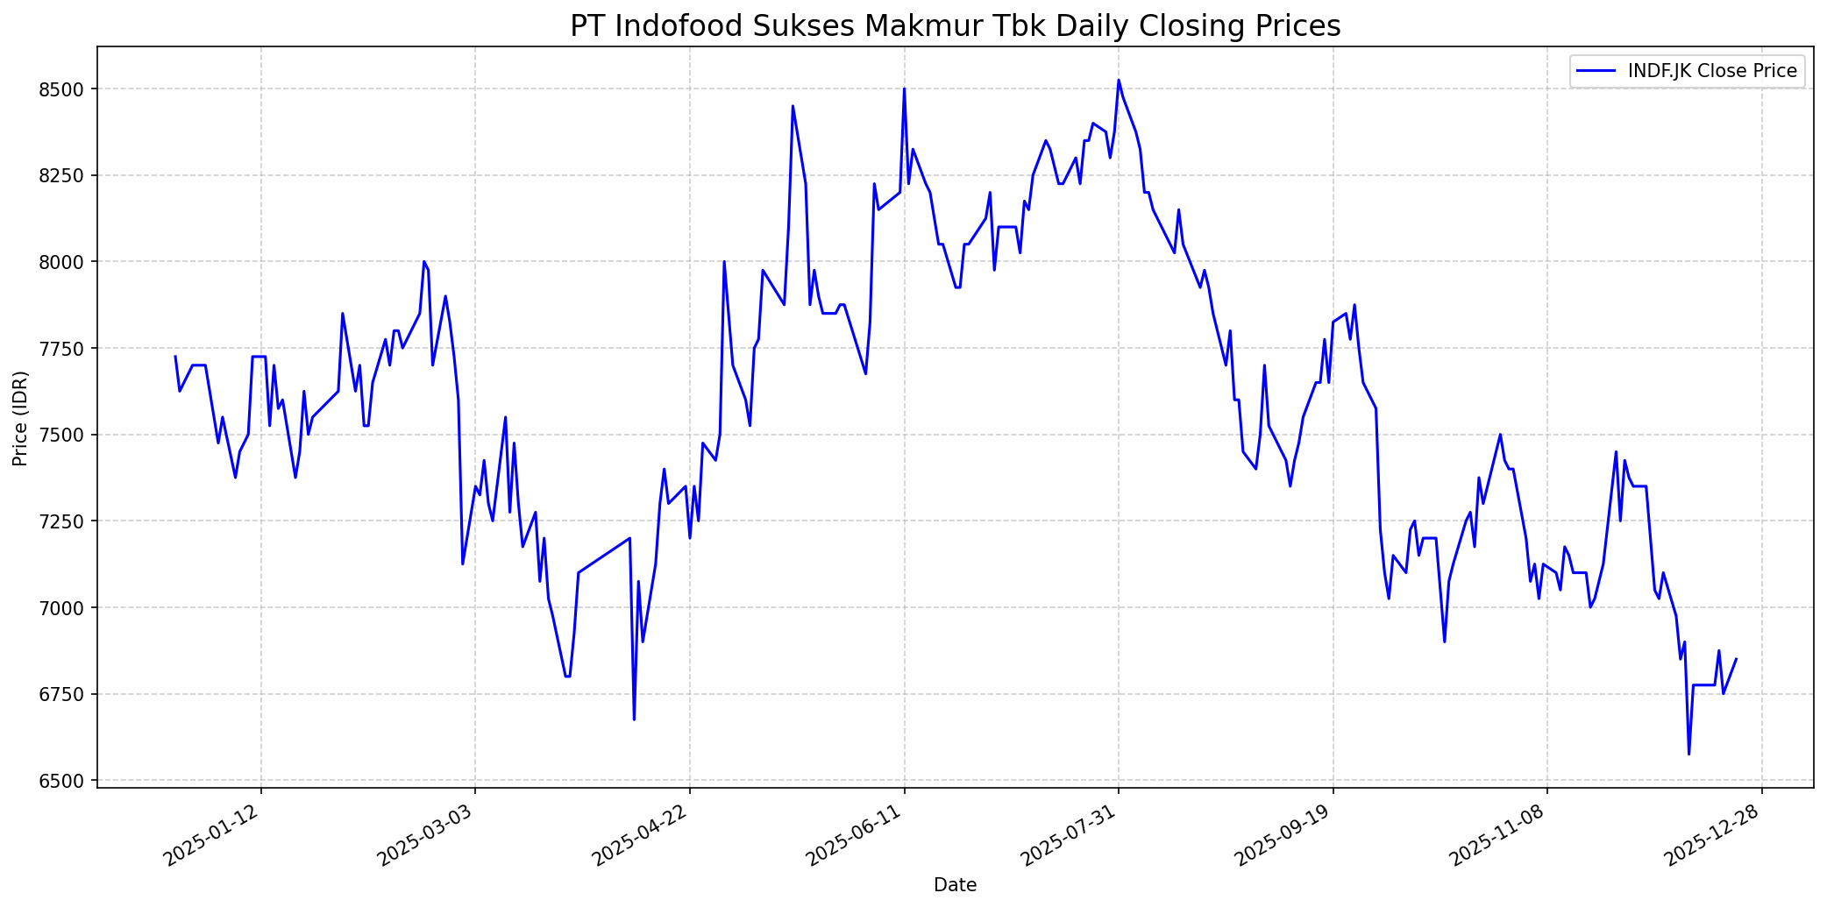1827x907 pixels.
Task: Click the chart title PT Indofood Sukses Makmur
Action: point(955,26)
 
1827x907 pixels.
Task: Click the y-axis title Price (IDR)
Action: point(20,418)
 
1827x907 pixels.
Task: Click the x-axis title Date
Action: point(955,885)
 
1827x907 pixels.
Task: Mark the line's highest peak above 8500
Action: point(1119,81)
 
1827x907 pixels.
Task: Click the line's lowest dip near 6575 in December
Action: point(1688,754)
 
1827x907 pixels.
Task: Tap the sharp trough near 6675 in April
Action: point(634,719)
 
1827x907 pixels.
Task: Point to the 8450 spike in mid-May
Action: point(793,107)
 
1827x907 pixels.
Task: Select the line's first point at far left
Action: point(175,357)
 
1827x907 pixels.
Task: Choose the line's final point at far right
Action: point(1736,659)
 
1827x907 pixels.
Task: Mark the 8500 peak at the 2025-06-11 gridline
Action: point(904,89)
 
